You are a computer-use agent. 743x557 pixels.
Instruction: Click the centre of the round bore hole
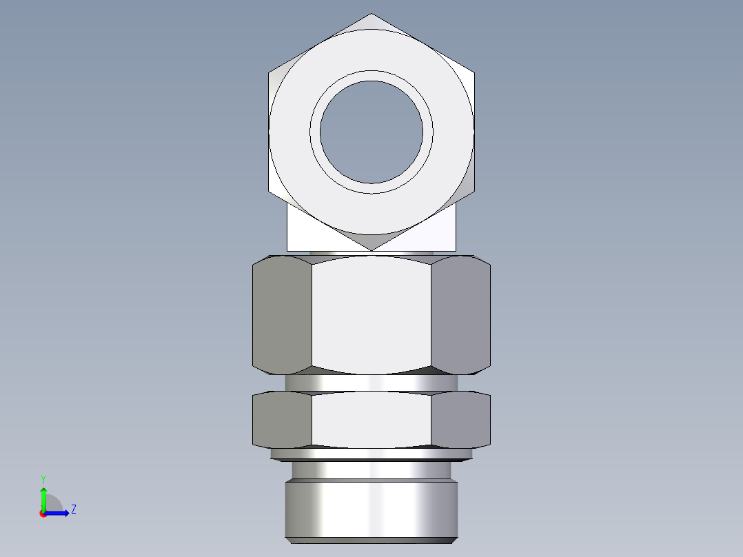[x=371, y=132]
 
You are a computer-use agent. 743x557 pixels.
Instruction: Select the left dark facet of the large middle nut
[x=282, y=314]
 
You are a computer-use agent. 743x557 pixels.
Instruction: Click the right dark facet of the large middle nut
[x=460, y=314]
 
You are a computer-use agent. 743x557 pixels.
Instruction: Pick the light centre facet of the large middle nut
[x=371, y=314]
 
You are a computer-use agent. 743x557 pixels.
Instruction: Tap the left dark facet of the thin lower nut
[x=282, y=419]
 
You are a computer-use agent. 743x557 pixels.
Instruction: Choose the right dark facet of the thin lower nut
[x=460, y=419]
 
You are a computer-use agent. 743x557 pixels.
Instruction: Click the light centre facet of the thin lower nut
[x=371, y=419]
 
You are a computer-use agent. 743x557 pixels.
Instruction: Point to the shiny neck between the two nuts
[x=371, y=383]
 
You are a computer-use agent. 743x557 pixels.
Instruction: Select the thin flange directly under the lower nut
[x=371, y=454]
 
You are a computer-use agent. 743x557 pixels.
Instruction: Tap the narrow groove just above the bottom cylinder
[x=371, y=470]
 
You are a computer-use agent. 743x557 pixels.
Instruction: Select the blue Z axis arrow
[x=58, y=513]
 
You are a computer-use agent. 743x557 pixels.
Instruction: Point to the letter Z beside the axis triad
[x=73, y=509]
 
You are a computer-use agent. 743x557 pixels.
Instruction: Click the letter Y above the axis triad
[x=43, y=479]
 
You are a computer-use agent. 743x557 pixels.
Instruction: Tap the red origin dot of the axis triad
[x=43, y=514]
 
